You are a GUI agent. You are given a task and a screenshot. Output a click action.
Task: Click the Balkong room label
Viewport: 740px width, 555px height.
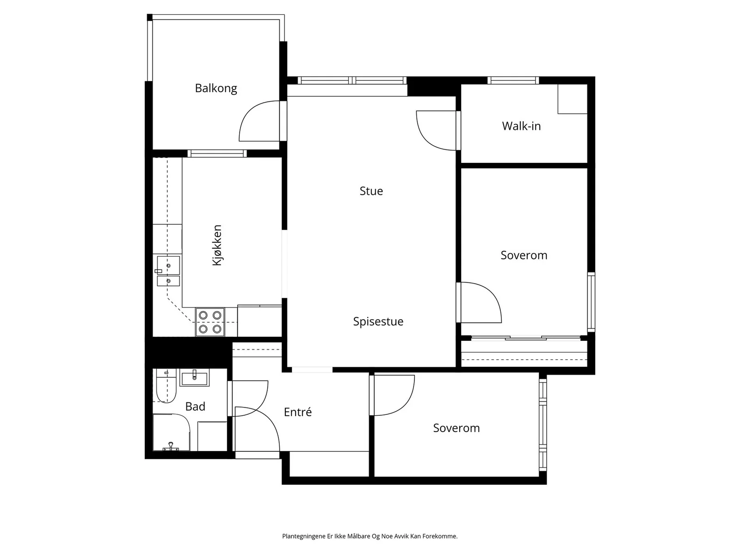(216, 88)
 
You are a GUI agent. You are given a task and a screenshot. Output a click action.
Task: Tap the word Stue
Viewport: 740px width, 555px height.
(371, 191)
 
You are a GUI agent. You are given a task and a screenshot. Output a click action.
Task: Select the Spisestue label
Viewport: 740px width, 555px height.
(378, 321)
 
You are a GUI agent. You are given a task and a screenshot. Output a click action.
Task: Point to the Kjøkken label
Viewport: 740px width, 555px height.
(217, 245)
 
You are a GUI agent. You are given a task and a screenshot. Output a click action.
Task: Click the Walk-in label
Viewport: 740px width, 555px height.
(521, 126)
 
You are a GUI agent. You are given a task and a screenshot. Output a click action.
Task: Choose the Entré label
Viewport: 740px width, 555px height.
(298, 412)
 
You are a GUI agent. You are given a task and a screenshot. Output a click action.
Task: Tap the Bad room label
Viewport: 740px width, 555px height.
(195, 407)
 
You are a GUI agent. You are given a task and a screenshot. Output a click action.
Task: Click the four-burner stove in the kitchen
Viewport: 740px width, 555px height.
(210, 322)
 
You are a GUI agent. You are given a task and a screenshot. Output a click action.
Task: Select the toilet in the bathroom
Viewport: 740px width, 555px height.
(166, 386)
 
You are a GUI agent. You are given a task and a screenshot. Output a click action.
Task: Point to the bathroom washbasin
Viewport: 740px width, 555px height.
(195, 377)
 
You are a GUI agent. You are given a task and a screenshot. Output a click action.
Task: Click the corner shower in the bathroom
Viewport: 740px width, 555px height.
(172, 432)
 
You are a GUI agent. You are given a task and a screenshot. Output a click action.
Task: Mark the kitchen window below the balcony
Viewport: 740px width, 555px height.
(217, 154)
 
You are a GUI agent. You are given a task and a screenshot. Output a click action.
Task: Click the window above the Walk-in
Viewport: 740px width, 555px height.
(513, 80)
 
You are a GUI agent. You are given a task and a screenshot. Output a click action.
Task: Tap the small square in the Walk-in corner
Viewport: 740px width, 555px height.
(573, 99)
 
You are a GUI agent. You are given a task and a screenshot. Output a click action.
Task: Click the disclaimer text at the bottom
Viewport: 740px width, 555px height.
(370, 536)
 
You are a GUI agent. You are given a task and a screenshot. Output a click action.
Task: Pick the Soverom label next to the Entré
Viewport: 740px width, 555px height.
(456, 428)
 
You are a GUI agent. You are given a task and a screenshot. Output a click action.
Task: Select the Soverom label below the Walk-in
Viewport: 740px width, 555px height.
(524, 255)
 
